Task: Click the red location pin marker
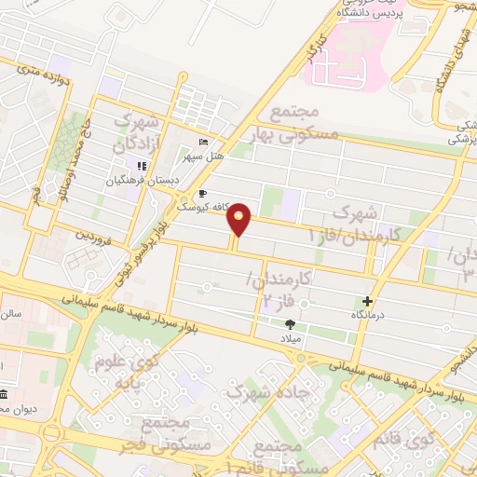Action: tap(239, 220)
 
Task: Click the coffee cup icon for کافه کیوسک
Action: tap(203, 194)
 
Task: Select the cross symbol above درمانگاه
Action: tap(368, 301)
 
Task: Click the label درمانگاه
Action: tap(368, 315)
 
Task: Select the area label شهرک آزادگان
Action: tap(137, 133)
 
